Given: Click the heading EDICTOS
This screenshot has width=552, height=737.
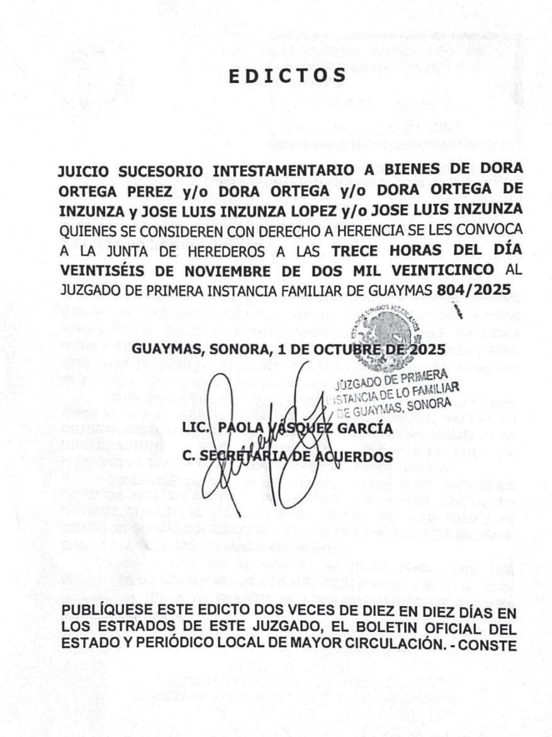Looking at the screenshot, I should point(287,75).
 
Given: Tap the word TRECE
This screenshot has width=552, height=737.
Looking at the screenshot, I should point(356,250).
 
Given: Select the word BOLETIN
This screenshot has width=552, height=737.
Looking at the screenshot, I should point(366,628).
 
